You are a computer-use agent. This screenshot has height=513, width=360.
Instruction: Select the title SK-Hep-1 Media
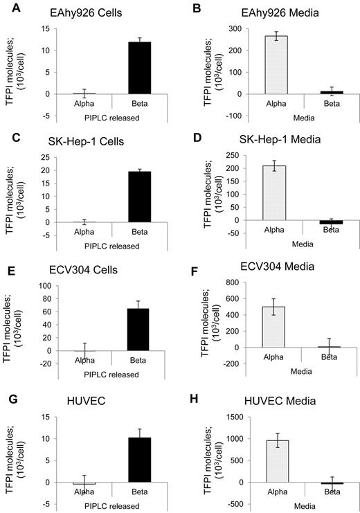(263, 143)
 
